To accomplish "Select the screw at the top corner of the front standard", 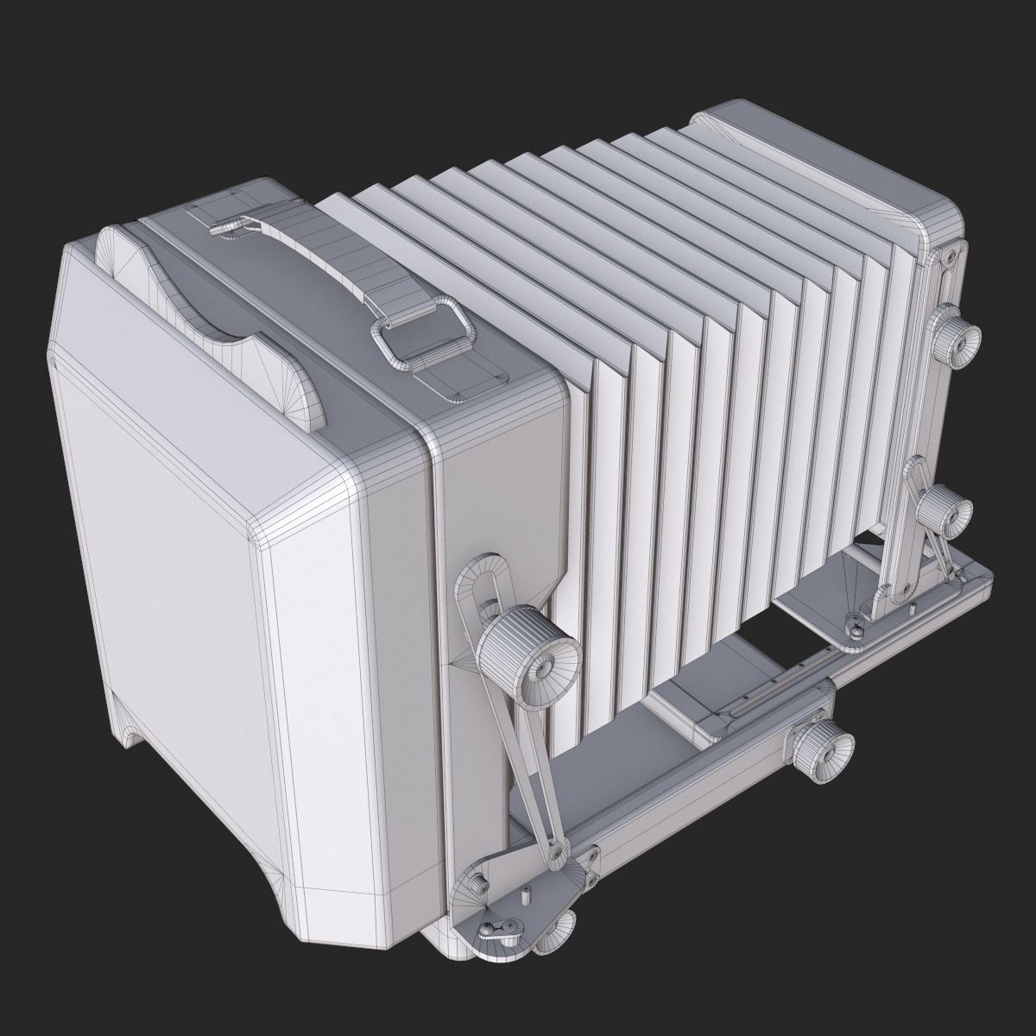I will point(950,256).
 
